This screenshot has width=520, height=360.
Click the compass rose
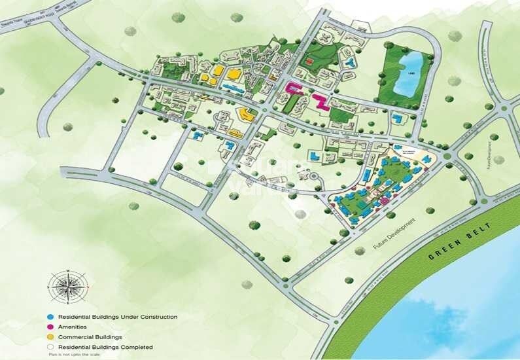pyautogui.click(x=68, y=287)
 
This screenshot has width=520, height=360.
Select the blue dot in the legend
pyautogui.click(x=52, y=317)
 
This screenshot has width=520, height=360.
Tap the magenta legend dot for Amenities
pyautogui.click(x=52, y=327)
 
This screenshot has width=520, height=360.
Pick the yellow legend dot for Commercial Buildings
pyautogui.click(x=52, y=337)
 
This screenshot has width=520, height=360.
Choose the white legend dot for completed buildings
pyautogui.click(x=52, y=347)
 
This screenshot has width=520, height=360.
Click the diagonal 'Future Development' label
pyautogui.click(x=394, y=233)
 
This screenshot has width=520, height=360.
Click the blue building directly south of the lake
pyautogui.click(x=397, y=119)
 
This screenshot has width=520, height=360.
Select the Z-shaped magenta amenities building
pyautogui.click(x=320, y=101)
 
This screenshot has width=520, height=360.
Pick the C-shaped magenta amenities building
pyautogui.click(x=292, y=89)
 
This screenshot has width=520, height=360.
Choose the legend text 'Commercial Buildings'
pyautogui.click(x=90, y=337)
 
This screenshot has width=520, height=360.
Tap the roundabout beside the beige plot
pyautogui.click(x=447, y=156)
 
